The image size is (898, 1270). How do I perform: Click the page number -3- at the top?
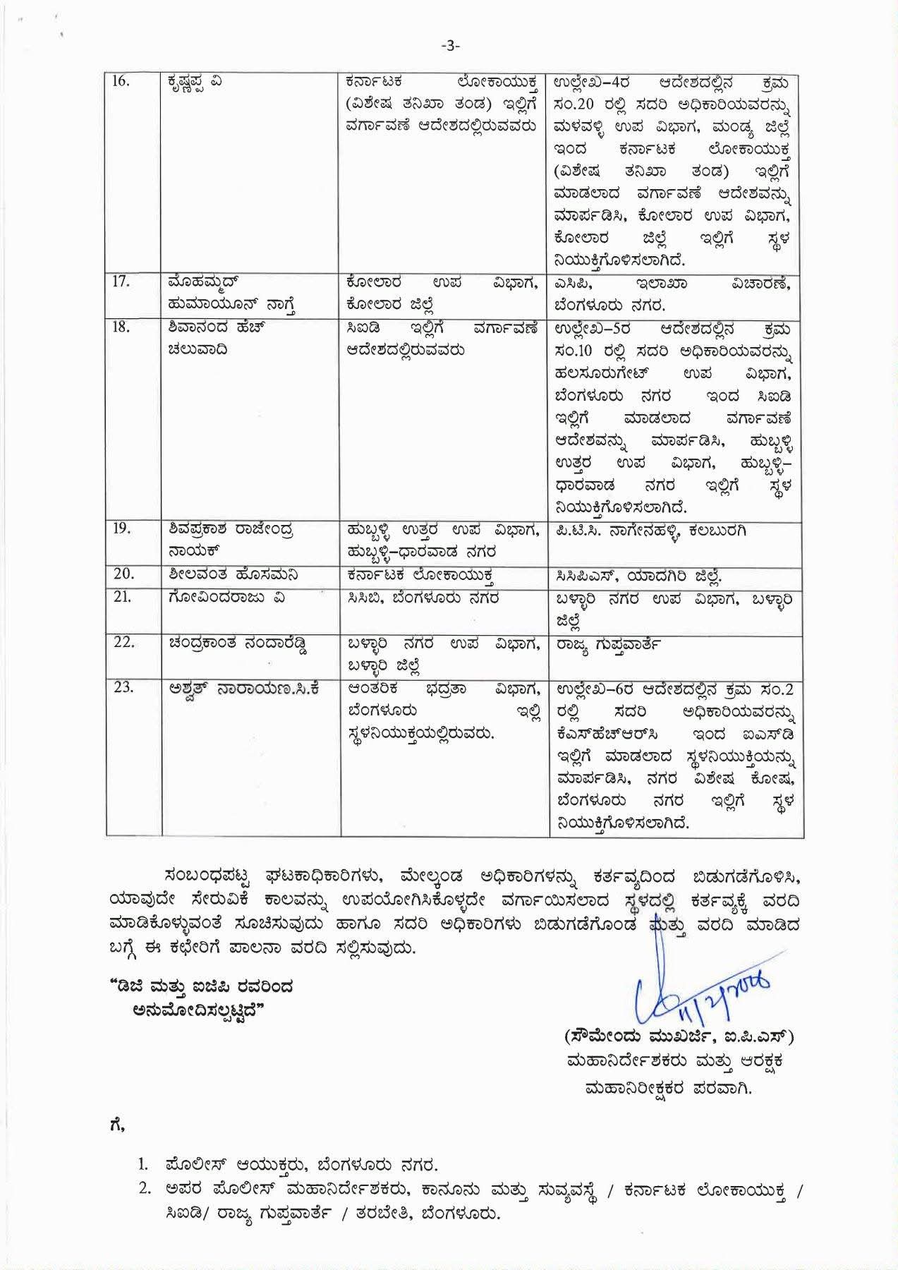tap(449, 46)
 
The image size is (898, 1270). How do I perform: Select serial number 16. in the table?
tap(121, 80)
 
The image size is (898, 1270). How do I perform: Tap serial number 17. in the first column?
tap(121, 282)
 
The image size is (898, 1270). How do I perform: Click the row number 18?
tap(121, 327)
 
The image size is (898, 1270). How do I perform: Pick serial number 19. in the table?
tap(121, 528)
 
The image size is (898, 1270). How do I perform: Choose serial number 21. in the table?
tap(121, 597)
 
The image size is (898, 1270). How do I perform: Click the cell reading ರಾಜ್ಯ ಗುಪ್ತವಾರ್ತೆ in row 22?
tap(608, 644)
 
